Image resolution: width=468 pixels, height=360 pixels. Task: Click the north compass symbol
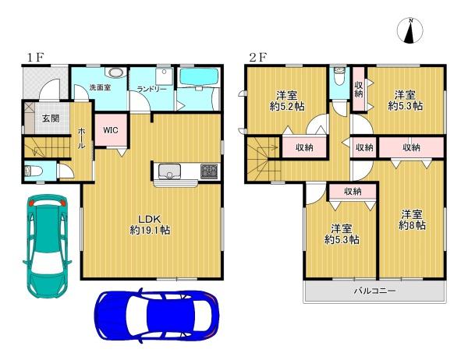pos(410,30)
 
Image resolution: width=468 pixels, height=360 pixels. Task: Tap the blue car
pos(157,315)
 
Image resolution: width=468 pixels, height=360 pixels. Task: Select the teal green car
pos(47,246)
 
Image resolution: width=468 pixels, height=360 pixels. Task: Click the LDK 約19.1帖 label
pos(149,224)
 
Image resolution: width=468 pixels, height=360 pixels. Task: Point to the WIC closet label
pos(111,130)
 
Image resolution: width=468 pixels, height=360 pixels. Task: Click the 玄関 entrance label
pos(51,118)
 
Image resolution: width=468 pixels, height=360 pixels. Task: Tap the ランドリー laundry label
pos(151,89)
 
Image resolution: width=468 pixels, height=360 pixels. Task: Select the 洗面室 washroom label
pos(101,87)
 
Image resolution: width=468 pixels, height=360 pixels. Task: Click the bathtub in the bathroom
pos(199,77)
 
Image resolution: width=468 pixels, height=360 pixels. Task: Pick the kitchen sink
pos(169,171)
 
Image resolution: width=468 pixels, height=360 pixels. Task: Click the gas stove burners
pos(210,171)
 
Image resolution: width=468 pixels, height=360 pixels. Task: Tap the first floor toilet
pos(34,171)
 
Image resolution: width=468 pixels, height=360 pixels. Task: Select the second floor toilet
pos(339,76)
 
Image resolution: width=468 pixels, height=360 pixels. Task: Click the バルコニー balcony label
pos(374,290)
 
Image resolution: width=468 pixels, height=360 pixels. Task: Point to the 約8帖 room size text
pos(412,225)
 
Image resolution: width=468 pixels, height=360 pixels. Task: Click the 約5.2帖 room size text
pos(287,107)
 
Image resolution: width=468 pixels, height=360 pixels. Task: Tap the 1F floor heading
pos(36,57)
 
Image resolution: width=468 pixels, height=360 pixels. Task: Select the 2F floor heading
pos(257,57)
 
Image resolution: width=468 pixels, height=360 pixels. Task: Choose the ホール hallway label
pos(81,139)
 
